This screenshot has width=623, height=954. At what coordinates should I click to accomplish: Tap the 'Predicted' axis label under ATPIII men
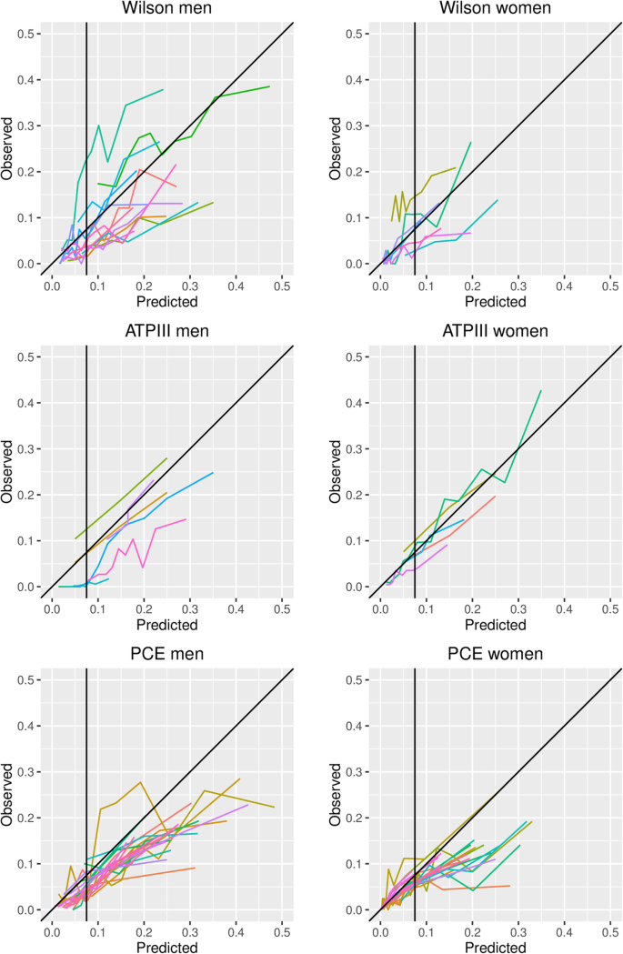[x=168, y=625]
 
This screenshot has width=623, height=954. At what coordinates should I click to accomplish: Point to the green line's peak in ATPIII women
[x=541, y=390]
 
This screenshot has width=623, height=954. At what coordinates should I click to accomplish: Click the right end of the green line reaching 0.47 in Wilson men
[x=269, y=86]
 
